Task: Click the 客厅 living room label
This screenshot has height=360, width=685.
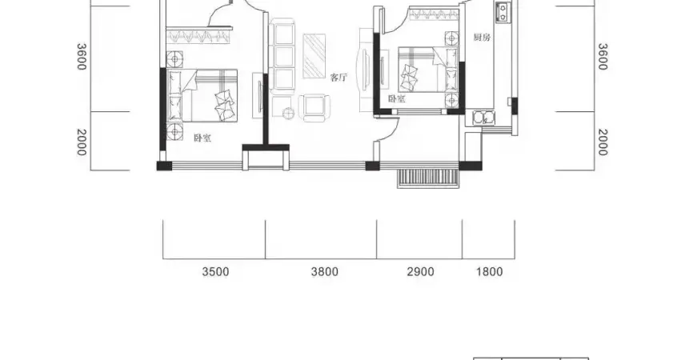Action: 338,78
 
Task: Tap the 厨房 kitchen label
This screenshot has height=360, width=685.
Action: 482,38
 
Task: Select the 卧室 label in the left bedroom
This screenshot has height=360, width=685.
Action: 202,138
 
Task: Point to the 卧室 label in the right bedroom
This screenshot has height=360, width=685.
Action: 397,98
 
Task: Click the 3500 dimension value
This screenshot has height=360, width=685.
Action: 215,272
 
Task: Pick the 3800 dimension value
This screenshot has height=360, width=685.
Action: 325,272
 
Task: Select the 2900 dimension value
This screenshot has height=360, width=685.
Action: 421,272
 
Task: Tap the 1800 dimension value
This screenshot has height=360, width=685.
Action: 489,272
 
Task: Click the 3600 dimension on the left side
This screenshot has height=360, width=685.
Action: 82,56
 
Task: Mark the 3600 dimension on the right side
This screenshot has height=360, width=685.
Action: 603,56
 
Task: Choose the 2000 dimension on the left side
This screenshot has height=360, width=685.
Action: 82,142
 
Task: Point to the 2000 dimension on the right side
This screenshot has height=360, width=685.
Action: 603,142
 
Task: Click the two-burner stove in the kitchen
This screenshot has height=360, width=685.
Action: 503,12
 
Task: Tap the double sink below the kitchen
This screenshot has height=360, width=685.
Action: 483,118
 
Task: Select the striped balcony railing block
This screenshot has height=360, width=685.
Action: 428,178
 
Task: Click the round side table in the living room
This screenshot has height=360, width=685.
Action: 289,114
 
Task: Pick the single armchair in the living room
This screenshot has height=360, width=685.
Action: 313,108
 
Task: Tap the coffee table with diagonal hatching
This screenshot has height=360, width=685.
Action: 314,56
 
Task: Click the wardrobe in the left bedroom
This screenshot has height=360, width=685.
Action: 198,36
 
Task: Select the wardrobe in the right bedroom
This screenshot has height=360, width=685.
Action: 434,14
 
